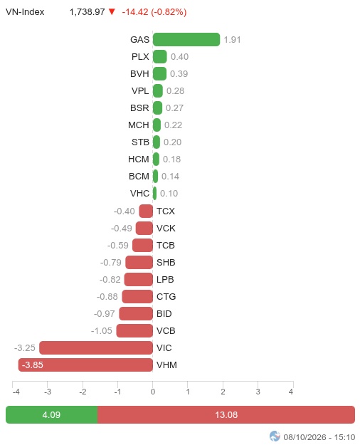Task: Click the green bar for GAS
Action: tap(186, 39)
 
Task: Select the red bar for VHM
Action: tap(85, 365)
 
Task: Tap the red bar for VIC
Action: tap(96, 347)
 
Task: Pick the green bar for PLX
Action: tap(159, 56)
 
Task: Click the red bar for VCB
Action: tap(134, 330)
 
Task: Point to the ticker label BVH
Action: tap(139, 74)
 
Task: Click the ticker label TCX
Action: tap(166, 211)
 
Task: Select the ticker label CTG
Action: tap(166, 297)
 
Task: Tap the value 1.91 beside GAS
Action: tap(232, 40)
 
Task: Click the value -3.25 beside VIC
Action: tap(25, 347)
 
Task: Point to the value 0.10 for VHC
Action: tap(169, 193)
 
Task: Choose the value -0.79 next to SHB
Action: tap(111, 262)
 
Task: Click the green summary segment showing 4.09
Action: tap(52, 414)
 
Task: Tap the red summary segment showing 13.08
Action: tap(226, 414)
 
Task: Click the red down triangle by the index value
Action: tap(112, 11)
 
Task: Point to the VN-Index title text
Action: tap(25, 12)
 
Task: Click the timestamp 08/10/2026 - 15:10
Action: tap(319, 437)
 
